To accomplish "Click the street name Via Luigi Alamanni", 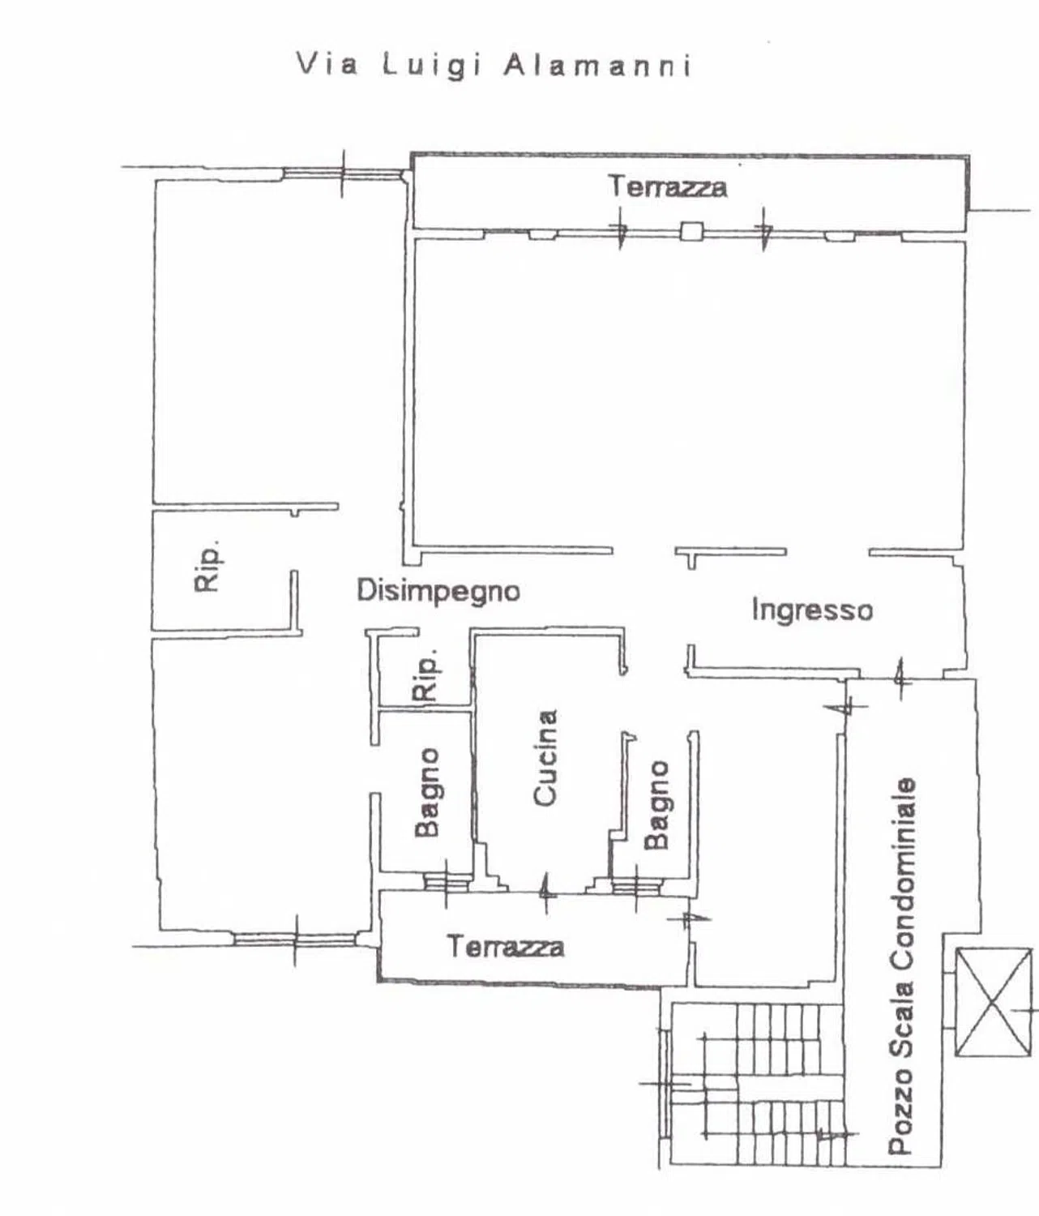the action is point(494,66).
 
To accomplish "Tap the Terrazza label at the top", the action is point(668,186).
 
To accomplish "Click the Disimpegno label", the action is point(438,591).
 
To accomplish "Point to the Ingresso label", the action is point(813,610).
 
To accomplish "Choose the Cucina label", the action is point(545,758).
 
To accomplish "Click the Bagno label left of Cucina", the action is point(427,792).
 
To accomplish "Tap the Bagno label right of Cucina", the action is point(656,805).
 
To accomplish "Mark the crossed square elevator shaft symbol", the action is point(993,1003).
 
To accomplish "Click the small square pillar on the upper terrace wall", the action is point(691,231).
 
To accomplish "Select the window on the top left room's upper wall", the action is point(342,173).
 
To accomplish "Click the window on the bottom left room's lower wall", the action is point(295,939).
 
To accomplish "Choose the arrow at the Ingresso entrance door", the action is point(899,679).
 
